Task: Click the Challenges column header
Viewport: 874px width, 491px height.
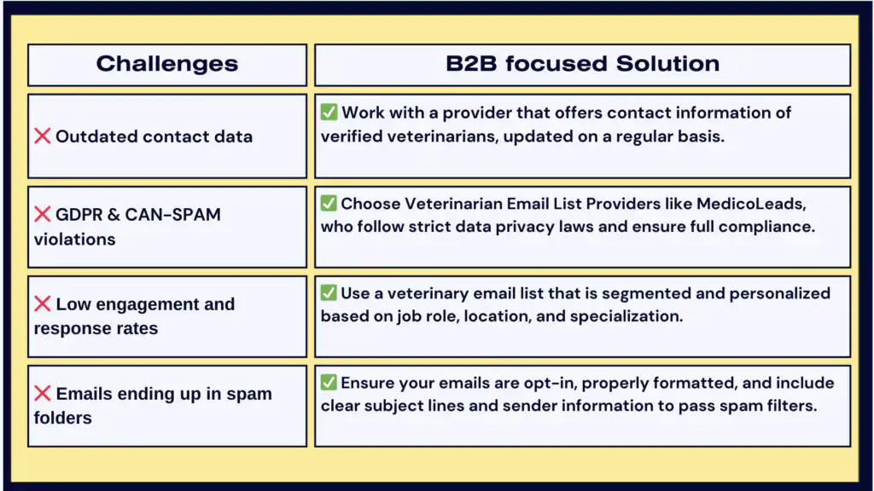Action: pyautogui.click(x=167, y=64)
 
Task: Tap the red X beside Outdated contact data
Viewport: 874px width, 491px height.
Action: pyautogui.click(x=42, y=136)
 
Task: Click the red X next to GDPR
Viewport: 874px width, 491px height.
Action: pyautogui.click(x=42, y=214)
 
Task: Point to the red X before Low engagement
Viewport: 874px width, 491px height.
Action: pyautogui.click(x=42, y=303)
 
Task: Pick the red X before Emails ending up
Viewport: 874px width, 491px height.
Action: pyautogui.click(x=42, y=394)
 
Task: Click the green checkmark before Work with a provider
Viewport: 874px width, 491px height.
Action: pyautogui.click(x=329, y=112)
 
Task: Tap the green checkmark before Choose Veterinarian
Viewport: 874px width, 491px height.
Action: pyautogui.click(x=329, y=203)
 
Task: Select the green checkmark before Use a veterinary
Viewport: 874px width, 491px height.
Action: pyautogui.click(x=329, y=292)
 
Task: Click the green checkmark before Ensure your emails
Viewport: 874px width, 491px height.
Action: pyautogui.click(x=329, y=382)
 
